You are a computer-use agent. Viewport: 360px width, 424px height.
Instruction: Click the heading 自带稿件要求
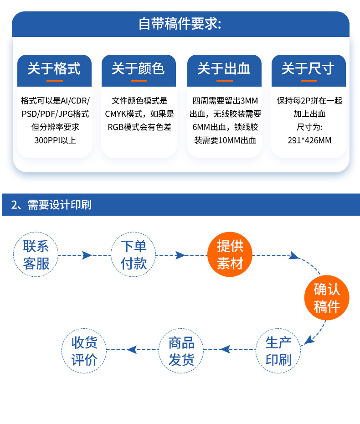coord(180,24)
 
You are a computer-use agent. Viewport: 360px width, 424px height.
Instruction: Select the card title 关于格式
coord(54,68)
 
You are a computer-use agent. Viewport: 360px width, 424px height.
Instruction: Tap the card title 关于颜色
coord(138,68)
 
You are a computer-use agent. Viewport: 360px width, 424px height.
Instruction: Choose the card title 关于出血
coord(224,68)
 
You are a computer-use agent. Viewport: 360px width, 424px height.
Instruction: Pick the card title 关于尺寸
coord(308,68)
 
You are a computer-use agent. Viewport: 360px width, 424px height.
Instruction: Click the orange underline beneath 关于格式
coord(54,81)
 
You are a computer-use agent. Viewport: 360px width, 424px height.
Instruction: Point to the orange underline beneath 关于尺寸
coord(309,81)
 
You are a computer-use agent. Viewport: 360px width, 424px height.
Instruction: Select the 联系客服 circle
coord(36,255)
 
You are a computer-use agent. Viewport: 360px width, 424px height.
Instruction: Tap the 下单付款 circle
coord(134,255)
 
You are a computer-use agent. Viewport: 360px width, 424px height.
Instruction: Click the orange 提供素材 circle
coord(230,255)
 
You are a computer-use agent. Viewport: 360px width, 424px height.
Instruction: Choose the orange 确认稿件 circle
coord(327,298)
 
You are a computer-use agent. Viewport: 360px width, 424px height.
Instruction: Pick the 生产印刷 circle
coord(278,351)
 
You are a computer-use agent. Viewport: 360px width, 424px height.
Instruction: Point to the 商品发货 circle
coord(181,351)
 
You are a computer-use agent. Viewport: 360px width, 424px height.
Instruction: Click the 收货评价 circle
coord(84,351)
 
